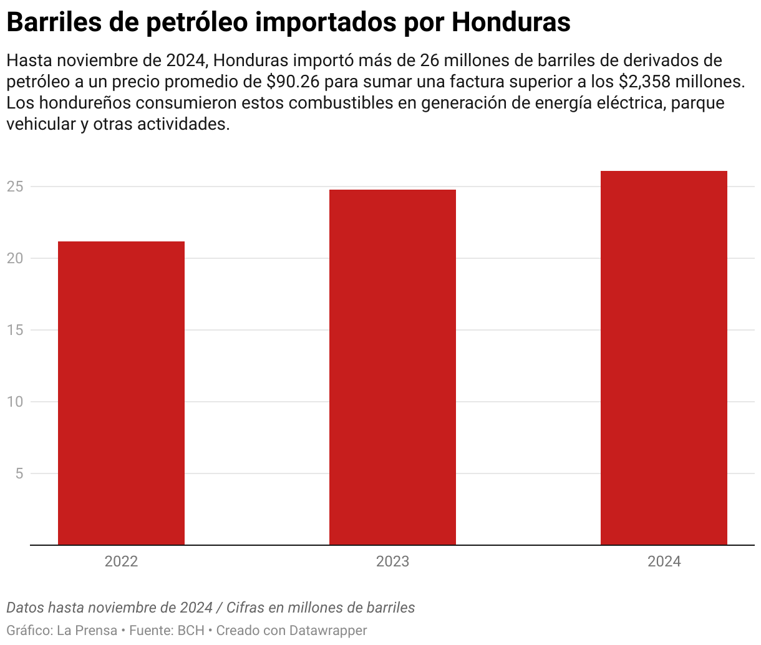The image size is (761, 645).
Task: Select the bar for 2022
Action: (121, 393)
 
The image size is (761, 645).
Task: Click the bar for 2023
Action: (392, 367)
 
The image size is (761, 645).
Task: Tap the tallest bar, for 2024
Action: (664, 358)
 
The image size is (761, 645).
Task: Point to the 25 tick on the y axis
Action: (16, 187)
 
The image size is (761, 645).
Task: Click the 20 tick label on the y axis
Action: (16, 258)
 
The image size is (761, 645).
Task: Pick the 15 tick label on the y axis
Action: (16, 330)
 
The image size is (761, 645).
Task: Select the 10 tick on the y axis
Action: (16, 402)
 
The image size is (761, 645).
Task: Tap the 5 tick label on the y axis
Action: (19, 473)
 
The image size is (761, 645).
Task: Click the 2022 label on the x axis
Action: (121, 561)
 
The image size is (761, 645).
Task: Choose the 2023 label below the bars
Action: (392, 561)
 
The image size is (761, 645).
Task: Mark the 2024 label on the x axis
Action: (664, 561)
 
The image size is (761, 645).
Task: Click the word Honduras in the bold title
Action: (511, 22)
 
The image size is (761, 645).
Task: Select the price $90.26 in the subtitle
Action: (293, 82)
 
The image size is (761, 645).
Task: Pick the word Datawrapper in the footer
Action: (328, 631)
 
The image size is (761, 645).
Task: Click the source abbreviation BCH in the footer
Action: (191, 631)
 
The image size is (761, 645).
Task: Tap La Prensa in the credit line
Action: (87, 631)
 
